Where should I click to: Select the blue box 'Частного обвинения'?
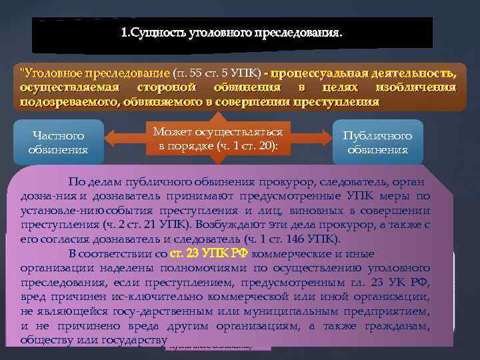[59, 142]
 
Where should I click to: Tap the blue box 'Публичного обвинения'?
[377, 142]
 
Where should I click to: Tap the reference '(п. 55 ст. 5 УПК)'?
[215, 72]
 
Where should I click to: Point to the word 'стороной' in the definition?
[166, 87]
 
